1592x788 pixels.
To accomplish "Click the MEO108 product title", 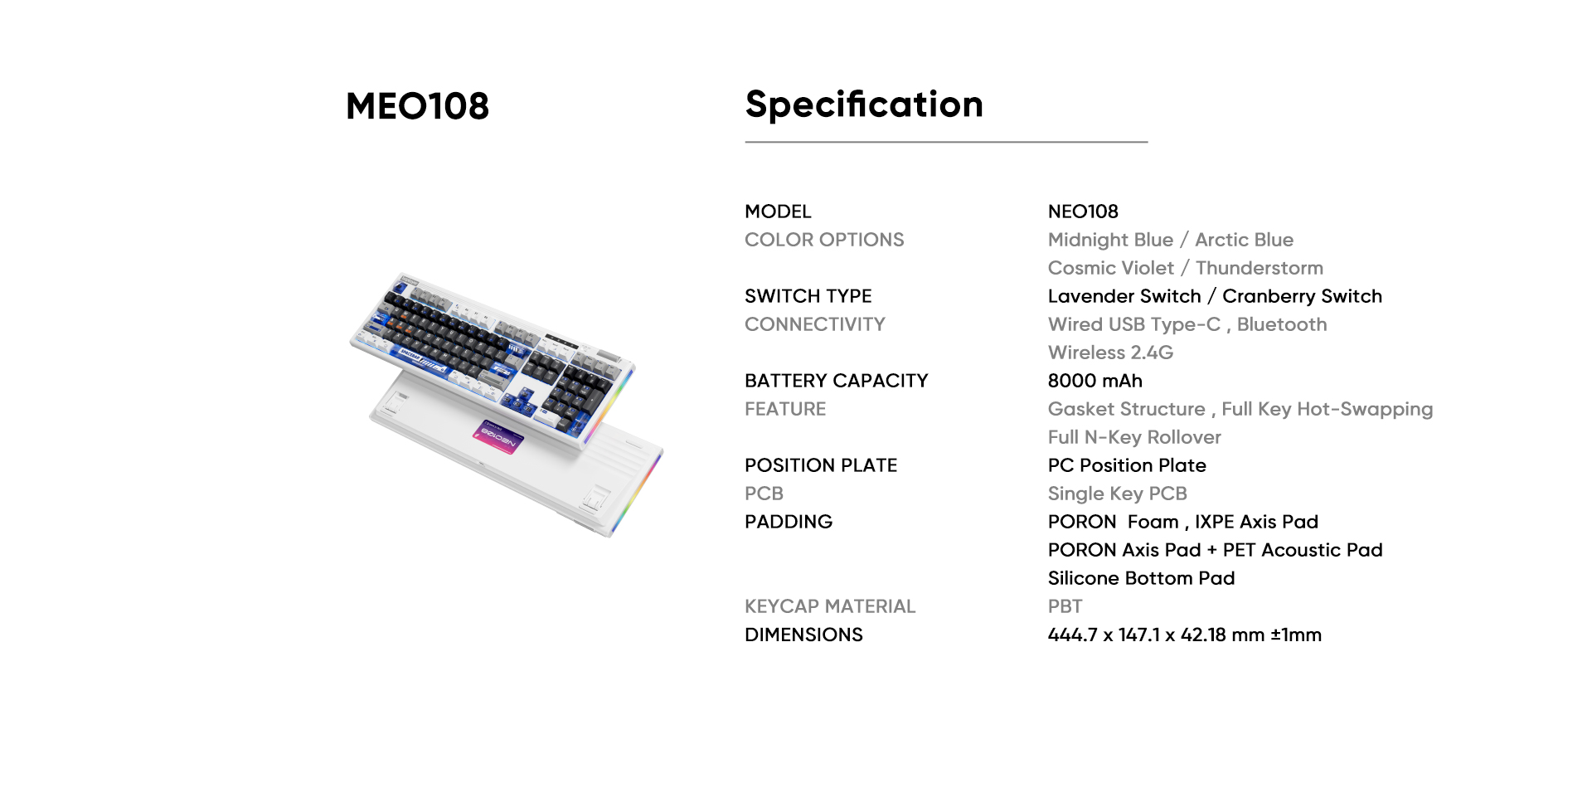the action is tap(417, 106).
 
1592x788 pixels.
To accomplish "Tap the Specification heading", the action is tap(864, 105).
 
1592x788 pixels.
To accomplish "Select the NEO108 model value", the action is tap(1083, 212).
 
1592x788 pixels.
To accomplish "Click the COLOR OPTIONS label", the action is tap(824, 240).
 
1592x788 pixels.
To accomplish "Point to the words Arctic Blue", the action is tap(1244, 240).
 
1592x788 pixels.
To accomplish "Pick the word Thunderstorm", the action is tap(1259, 268).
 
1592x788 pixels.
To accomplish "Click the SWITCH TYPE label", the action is tap(808, 296).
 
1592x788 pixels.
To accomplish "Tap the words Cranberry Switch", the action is tap(1302, 296).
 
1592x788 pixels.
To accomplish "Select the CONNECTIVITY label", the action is tap(815, 324).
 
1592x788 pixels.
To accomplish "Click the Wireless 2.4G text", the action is tap(1110, 353).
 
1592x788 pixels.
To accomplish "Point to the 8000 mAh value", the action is tap(1094, 381).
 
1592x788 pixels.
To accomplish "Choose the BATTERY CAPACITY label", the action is tap(837, 381).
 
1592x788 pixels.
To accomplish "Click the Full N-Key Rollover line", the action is tap(1134, 437).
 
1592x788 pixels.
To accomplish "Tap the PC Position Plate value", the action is tap(1127, 465).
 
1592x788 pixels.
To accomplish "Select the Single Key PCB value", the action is tap(1118, 494).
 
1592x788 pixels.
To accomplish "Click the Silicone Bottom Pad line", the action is tap(1141, 578).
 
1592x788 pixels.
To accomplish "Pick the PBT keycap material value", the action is tap(1065, 606).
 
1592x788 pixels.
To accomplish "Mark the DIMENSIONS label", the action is tap(803, 635).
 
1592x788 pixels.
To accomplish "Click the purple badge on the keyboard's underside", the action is tap(500, 436).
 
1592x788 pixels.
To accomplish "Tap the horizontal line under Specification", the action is tap(946, 142).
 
